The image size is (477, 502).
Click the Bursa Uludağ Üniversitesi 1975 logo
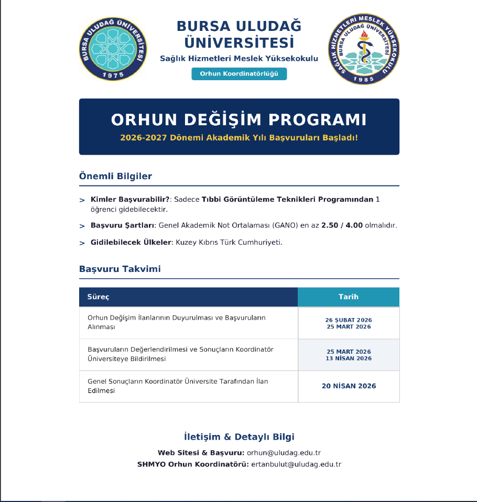113,48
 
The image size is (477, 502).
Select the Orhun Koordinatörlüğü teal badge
239,74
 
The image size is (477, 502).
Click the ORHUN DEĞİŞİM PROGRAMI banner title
239,119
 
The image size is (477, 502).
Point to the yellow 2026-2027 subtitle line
239,138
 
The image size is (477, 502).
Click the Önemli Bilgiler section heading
115,176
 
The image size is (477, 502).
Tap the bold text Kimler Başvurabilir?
130,200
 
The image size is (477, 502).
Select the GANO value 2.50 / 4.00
342,225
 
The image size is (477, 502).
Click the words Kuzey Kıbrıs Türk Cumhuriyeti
229,242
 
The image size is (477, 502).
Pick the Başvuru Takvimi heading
120,269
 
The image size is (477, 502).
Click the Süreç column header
98,297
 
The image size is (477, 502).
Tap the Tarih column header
349,297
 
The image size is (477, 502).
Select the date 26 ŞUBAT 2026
349,320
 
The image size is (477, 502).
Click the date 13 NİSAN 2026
349,358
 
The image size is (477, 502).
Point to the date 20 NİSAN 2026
349,386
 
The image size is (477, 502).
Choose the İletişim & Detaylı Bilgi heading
239,436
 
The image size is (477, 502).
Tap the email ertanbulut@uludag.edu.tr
296,464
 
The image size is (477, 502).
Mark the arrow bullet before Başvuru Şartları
82,226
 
